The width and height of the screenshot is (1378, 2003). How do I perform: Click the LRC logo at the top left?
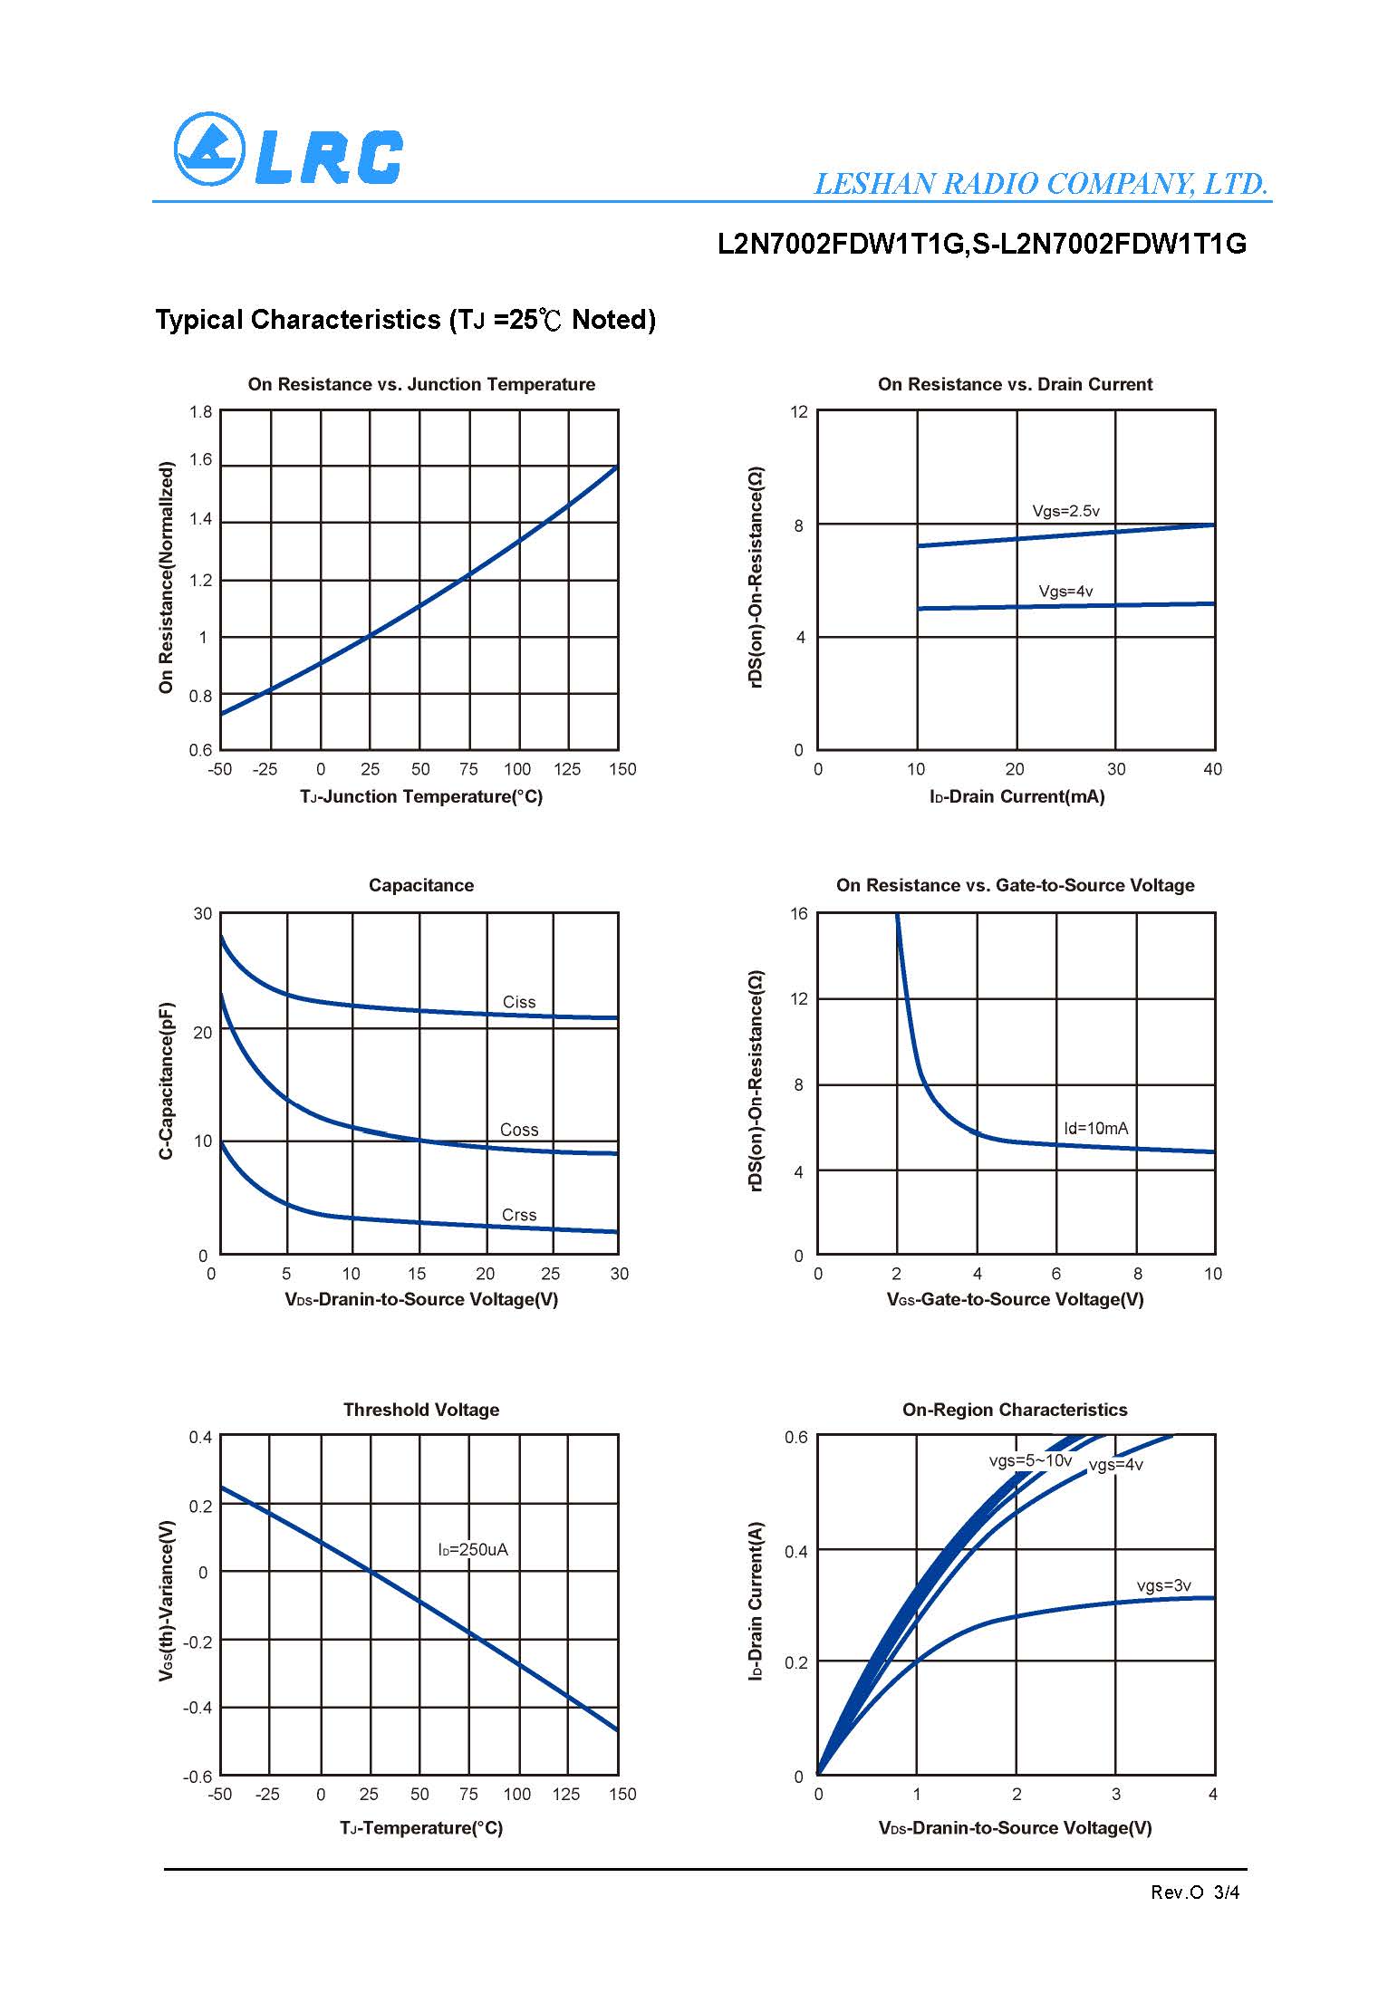288,149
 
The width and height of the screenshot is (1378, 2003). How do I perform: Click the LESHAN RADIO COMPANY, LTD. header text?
1041,184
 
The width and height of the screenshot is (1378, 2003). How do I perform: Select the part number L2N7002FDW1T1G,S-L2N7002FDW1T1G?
981,244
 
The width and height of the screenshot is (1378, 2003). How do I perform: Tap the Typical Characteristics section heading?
405,320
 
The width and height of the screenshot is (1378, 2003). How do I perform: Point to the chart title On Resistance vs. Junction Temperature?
421,384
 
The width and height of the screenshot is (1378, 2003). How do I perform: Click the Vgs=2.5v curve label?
1065,511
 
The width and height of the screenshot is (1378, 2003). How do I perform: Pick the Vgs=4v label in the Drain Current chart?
1065,592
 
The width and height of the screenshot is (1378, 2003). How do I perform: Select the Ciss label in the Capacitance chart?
518,1002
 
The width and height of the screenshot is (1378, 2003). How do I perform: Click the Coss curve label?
518,1130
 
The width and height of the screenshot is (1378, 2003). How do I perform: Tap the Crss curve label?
518,1215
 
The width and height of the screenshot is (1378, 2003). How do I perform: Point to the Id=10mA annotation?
1095,1128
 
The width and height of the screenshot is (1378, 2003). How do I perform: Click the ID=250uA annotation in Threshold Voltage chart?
473,1549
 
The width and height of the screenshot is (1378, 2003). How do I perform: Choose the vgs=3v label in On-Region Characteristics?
1163,1585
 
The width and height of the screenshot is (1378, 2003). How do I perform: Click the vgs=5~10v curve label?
1030,1461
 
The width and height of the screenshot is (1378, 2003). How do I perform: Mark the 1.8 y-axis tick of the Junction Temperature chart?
200,412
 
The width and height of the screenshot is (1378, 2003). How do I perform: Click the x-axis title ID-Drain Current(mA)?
1017,796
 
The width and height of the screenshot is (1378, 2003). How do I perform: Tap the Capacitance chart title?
421,885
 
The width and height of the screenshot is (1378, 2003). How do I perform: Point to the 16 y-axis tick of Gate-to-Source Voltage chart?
798,913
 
